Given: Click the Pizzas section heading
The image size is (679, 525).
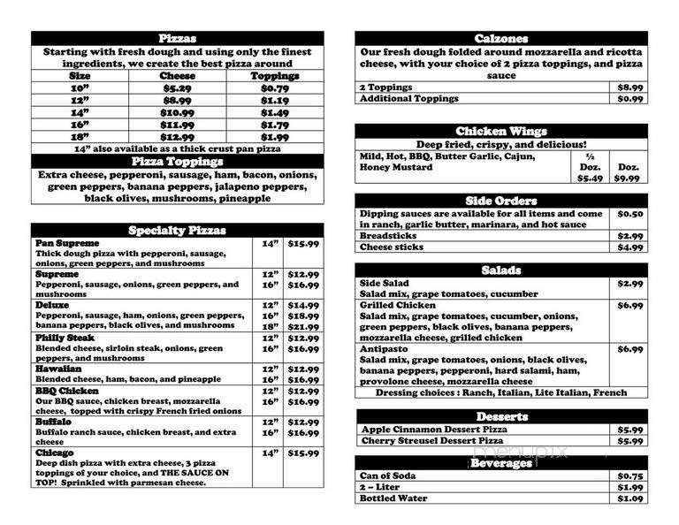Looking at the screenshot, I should coord(177,39).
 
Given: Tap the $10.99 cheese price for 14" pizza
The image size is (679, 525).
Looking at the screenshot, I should coord(177,113).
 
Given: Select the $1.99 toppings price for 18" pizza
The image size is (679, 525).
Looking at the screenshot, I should coord(275,137).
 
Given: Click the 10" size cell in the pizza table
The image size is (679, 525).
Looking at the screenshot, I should coord(80,88).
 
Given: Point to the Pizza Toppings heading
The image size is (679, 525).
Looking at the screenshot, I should coord(177,162).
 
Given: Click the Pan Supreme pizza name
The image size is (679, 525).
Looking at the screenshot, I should coord(67,243).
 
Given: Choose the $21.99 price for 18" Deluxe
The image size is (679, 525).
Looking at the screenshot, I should coord(303,327).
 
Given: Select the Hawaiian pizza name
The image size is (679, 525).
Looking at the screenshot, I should coord(58,369).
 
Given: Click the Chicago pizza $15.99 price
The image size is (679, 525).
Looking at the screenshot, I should coord(303,453).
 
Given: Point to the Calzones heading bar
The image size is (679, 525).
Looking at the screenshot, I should coord(500,39).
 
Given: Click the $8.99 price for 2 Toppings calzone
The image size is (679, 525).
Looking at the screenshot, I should coord(630,87).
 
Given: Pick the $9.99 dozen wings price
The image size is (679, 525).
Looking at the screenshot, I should coord(627,179).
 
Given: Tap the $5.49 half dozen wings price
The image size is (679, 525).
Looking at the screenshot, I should coord(590,179).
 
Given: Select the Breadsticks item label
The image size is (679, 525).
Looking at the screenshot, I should coord(390,236).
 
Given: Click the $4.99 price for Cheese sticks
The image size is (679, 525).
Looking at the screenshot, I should coord(630,247).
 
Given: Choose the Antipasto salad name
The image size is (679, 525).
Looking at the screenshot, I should coord(385,349).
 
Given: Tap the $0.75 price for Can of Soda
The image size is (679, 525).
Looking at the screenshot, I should coord(629,476).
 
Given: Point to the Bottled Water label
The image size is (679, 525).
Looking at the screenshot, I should coord(393,498).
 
